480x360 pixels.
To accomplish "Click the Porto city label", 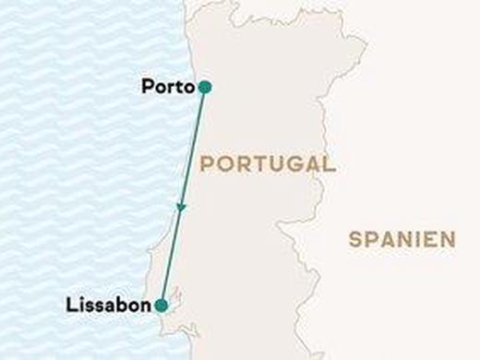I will (x=169, y=88).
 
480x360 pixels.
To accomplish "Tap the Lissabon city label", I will (x=109, y=305).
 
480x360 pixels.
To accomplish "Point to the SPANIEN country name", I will (x=402, y=239).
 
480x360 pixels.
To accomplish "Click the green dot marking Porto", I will (x=205, y=88).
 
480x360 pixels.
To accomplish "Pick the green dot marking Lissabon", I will (x=162, y=305).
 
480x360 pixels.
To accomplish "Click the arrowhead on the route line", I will (x=182, y=208).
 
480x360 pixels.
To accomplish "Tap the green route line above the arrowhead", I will (x=193, y=148).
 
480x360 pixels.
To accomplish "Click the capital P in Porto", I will (x=149, y=88).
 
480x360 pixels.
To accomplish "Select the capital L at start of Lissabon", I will (x=72, y=305).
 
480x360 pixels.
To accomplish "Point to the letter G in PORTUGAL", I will (x=286, y=164).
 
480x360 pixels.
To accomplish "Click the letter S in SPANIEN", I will (x=355, y=239).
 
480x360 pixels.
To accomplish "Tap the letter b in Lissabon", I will (x=119, y=305).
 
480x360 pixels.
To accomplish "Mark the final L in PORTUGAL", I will (x=328, y=164).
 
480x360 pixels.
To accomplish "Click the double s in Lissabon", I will (x=92, y=306).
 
